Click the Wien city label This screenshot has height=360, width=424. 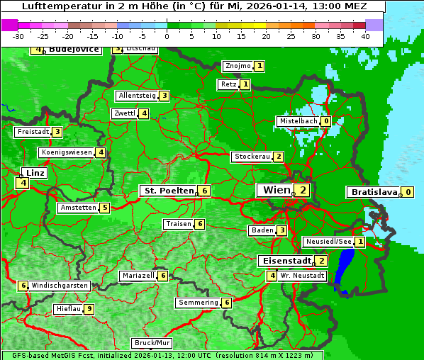point(276,190)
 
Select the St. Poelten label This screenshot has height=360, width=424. point(168,191)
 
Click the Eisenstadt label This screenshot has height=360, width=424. point(284,261)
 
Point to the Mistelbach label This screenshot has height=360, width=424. point(298,121)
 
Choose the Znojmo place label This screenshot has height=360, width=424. point(238,66)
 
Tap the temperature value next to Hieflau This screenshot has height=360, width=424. point(89,309)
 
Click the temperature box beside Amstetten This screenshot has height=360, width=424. point(104,208)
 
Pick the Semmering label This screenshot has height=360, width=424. point(198,303)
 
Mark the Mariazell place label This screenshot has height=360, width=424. point(138,276)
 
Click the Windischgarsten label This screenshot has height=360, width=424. point(60,286)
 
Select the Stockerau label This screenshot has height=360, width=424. point(252,157)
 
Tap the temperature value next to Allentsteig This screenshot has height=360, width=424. point(164,96)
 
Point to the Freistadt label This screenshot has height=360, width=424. point(33,132)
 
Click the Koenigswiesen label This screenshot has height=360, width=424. point(67,152)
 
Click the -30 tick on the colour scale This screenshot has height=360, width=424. point(18,36)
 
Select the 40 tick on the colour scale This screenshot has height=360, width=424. point(365,36)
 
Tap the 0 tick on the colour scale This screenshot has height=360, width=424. point(167,36)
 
